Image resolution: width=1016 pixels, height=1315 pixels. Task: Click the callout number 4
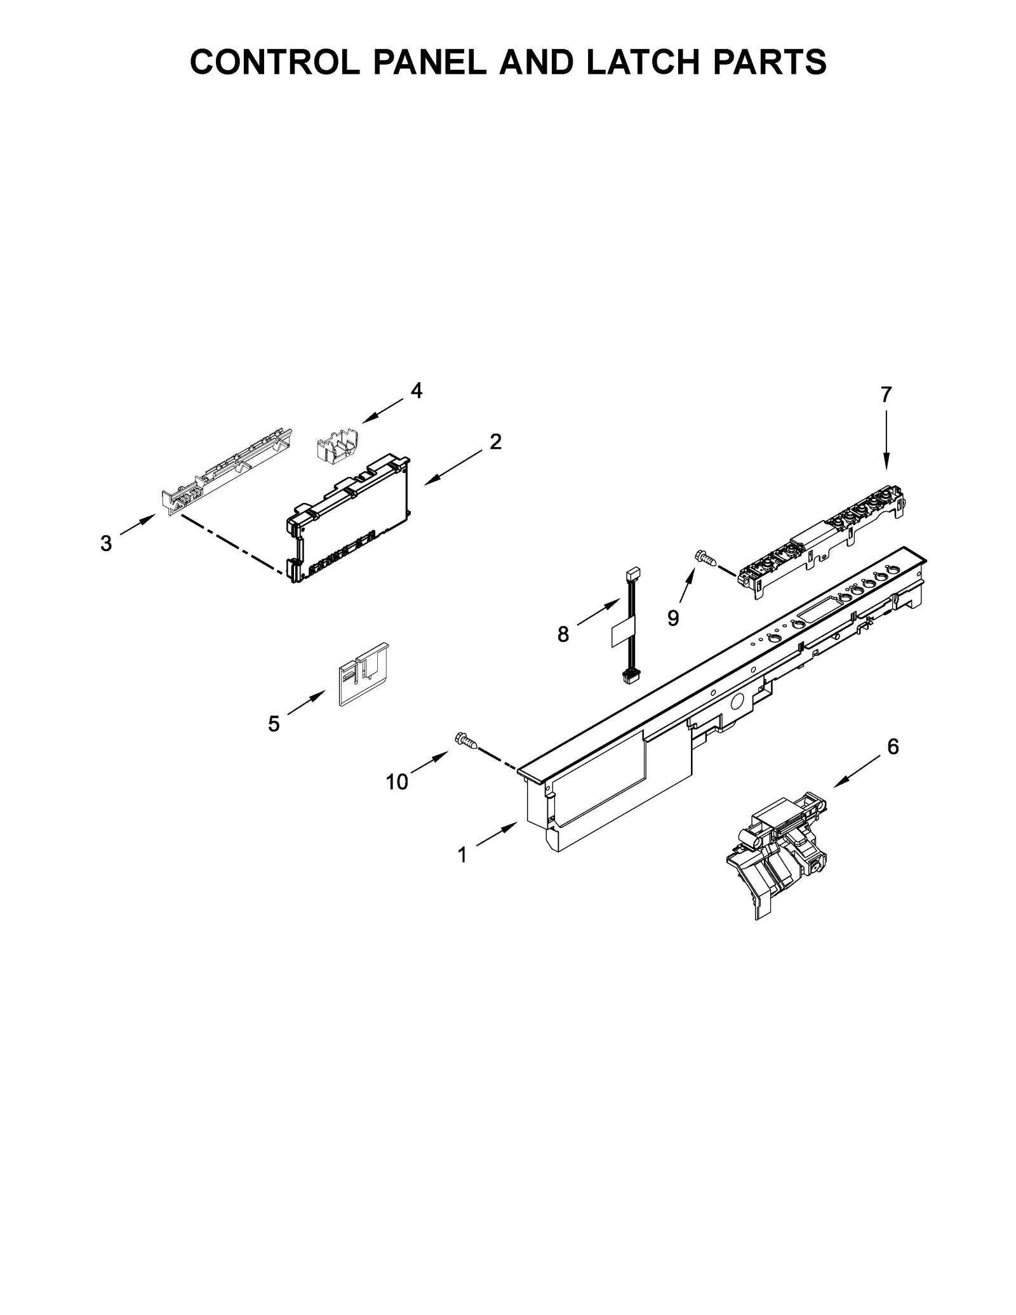tap(416, 391)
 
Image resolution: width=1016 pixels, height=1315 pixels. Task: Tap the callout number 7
tap(886, 394)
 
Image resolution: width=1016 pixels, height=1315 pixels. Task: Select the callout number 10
tap(397, 782)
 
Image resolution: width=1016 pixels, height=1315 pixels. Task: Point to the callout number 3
tap(106, 544)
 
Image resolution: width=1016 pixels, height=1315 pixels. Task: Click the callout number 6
tap(893, 747)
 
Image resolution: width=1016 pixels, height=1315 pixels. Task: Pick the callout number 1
tap(462, 855)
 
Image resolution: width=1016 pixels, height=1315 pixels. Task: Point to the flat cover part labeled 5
tap(363, 674)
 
